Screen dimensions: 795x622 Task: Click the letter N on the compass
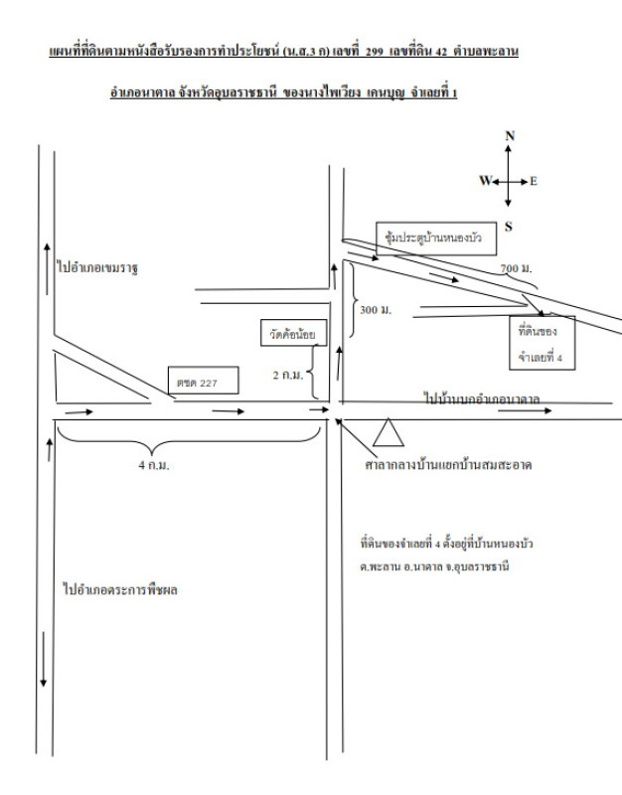coord(510,136)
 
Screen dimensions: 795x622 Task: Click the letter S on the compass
coord(510,227)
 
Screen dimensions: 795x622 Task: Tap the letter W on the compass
coord(485,181)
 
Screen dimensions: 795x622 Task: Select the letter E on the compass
coord(534,181)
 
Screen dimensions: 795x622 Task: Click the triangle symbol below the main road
coord(387,431)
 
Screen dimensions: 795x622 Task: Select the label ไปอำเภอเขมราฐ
coord(96,268)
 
